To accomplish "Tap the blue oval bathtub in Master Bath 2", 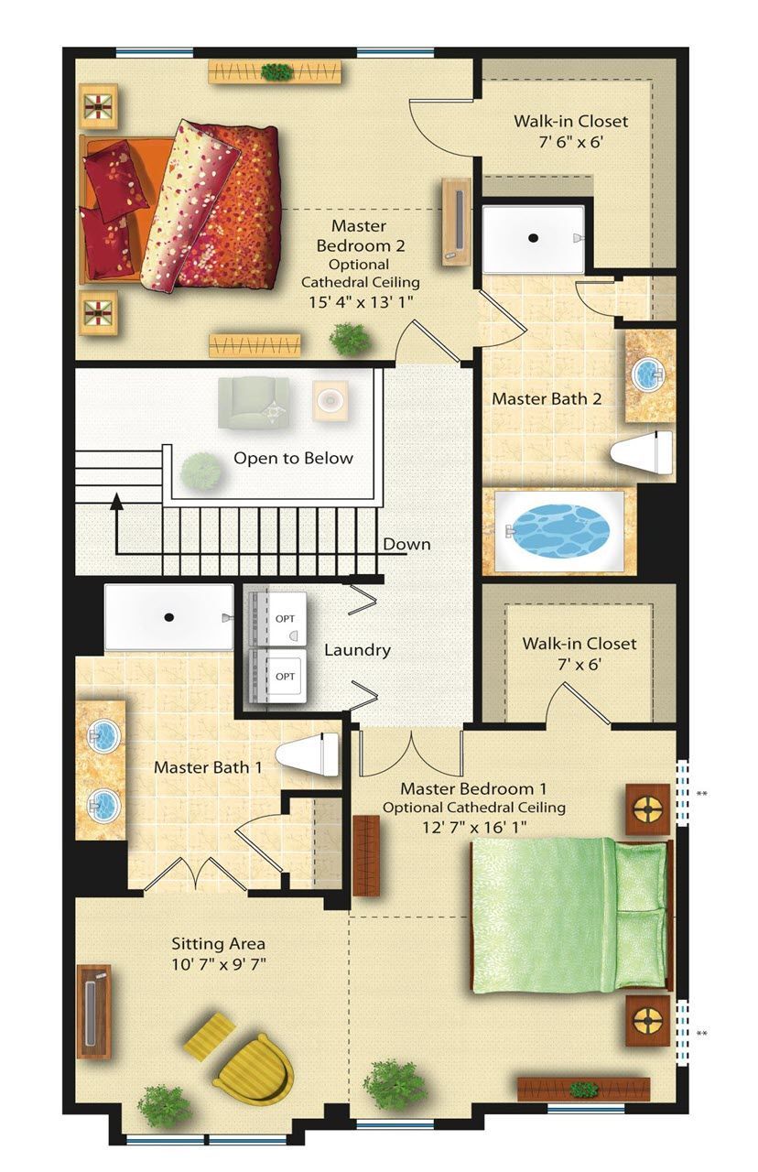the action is coord(560,530).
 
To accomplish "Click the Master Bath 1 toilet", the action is coord(307,754).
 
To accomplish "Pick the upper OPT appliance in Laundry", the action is coord(277,618).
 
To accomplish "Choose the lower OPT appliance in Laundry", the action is coord(277,676).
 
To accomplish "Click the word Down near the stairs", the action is coord(406,544).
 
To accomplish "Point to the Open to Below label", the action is coord(293,459).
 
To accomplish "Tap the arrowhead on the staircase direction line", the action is coord(116,501).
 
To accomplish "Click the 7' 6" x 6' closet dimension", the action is coord(571,142).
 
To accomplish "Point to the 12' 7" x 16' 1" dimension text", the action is coord(474,827).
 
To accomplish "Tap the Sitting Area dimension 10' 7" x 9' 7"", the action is coord(219,964).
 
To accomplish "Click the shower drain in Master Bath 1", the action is coord(168,617).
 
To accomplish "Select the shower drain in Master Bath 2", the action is coord(533,238).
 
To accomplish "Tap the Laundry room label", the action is coord(357,650).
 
